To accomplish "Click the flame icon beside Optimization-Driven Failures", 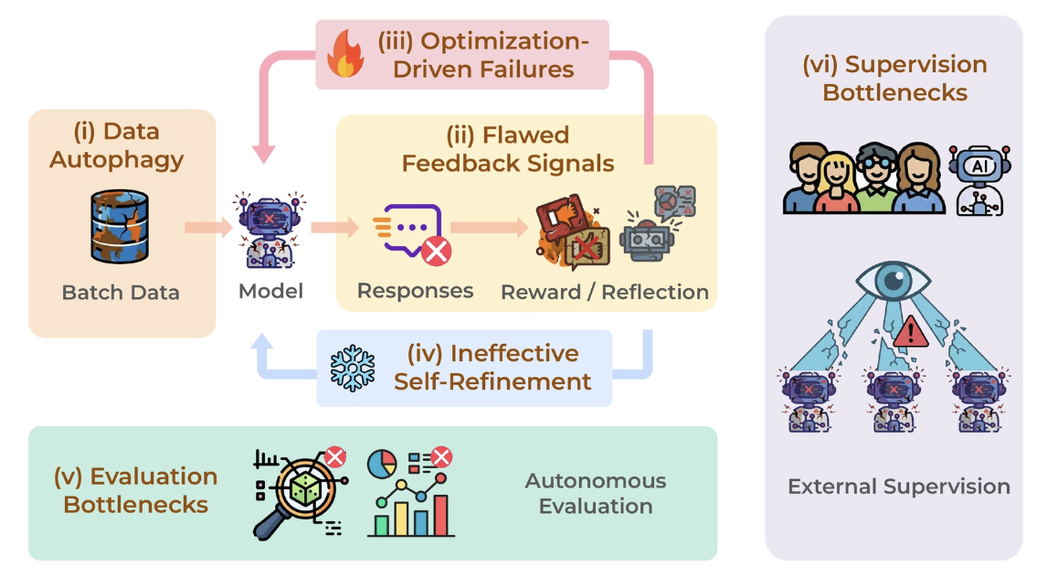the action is (x=345, y=53).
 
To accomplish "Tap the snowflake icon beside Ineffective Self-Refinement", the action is (x=353, y=369).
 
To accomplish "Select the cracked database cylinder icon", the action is (x=120, y=227).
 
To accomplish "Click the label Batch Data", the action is (x=121, y=293).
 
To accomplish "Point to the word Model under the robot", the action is (x=270, y=292).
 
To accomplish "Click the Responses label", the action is (x=416, y=291).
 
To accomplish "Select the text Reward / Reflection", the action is (x=604, y=292).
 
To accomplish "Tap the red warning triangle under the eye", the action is (x=911, y=333).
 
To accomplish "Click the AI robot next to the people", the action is (x=979, y=180).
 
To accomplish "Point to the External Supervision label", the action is (x=899, y=487).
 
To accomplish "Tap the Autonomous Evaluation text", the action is (x=596, y=493).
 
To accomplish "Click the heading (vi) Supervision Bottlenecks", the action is (x=894, y=78).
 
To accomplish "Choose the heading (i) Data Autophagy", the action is (x=117, y=145).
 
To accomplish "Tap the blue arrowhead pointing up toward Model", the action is (x=262, y=342).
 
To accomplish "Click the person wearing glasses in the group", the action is (x=875, y=177).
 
